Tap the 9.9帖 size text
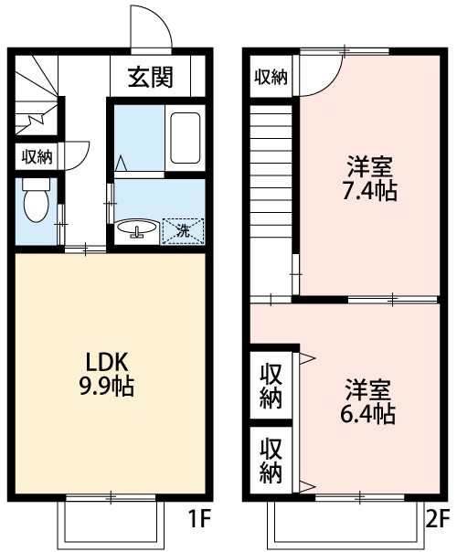(107, 387)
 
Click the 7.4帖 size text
(369, 191)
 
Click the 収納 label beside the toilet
(37, 156)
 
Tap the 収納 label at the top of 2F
(271, 78)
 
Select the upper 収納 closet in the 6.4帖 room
(271, 386)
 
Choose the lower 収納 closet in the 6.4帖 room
(271, 460)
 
